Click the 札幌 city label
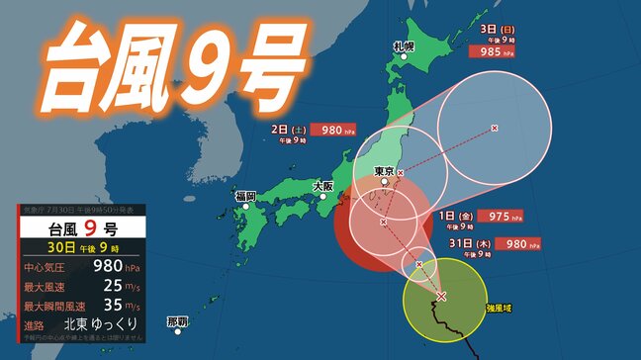pyautogui.click(x=403, y=46)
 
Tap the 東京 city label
pyautogui.click(x=385, y=171)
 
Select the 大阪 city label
pyautogui.click(x=322, y=186)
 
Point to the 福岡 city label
pyautogui.click(x=245, y=197)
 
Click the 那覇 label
pyautogui.click(x=178, y=321)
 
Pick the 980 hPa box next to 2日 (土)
pyautogui.click(x=340, y=129)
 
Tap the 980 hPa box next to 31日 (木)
pyautogui.click(x=523, y=242)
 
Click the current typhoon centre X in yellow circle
pyautogui.click(x=442, y=296)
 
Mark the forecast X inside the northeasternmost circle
pyautogui.click(x=495, y=128)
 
